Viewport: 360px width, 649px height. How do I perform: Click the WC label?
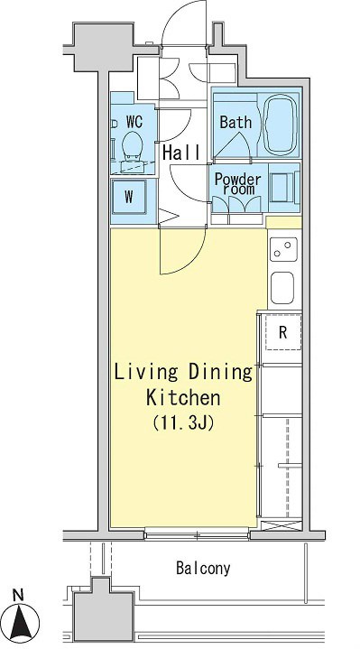tap(134, 122)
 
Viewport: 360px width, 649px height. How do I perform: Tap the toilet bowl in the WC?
tap(134, 145)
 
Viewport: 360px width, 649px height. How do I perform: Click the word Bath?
tap(235, 122)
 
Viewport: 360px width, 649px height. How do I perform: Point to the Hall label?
tap(181, 153)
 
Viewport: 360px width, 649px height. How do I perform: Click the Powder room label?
tap(237, 184)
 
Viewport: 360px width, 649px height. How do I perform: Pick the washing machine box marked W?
tap(129, 197)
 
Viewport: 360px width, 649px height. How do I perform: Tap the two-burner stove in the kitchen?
tap(283, 249)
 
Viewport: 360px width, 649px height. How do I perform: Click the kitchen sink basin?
tap(282, 288)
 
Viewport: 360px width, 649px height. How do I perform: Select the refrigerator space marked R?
tap(283, 332)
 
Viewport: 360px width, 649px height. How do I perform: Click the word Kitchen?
tap(183, 398)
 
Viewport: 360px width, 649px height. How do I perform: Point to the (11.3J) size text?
tap(183, 423)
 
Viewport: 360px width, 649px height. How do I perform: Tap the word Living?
tap(145, 373)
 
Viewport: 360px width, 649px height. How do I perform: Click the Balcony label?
tap(203, 568)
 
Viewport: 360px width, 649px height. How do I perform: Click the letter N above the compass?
tap(18, 596)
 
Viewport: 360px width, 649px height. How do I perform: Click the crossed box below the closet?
tap(282, 526)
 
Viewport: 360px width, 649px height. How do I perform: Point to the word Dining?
tap(220, 373)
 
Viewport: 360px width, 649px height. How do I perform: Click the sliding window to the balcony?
tap(197, 535)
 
